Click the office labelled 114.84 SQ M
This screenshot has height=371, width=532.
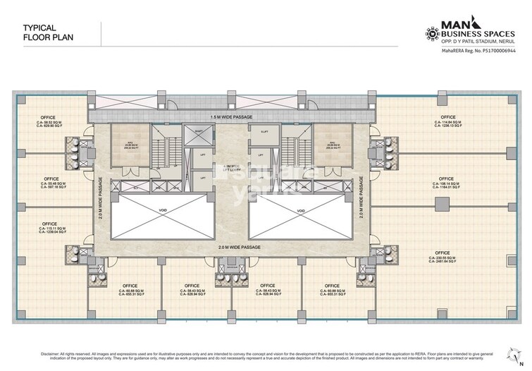(x=448, y=121)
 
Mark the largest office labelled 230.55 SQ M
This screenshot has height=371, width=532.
(x=443, y=255)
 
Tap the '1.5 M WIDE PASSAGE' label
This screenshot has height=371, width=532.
(x=231, y=116)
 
